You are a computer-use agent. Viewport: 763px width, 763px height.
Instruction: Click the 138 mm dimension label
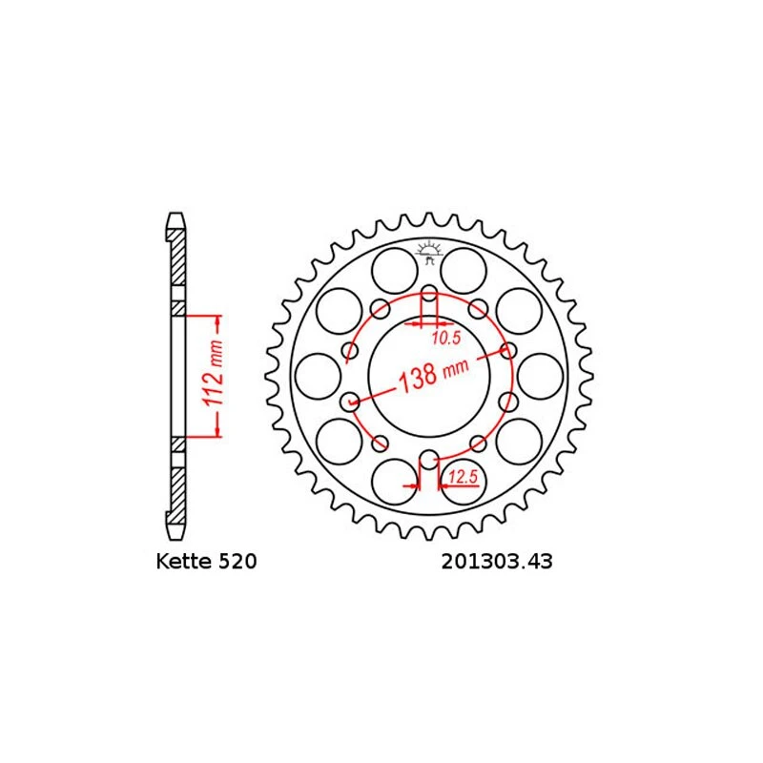tap(434, 374)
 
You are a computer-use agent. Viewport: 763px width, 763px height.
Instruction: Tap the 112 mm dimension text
tap(213, 373)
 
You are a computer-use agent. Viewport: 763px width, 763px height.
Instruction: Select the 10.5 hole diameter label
tap(446, 338)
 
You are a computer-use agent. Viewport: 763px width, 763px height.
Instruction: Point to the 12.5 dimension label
tap(464, 477)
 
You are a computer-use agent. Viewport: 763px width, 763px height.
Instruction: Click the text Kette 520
tap(206, 561)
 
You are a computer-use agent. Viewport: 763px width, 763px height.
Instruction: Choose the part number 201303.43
tap(497, 562)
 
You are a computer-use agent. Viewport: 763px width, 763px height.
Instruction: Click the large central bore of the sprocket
tap(428, 376)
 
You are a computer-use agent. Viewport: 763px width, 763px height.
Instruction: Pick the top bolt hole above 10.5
tap(428, 293)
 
